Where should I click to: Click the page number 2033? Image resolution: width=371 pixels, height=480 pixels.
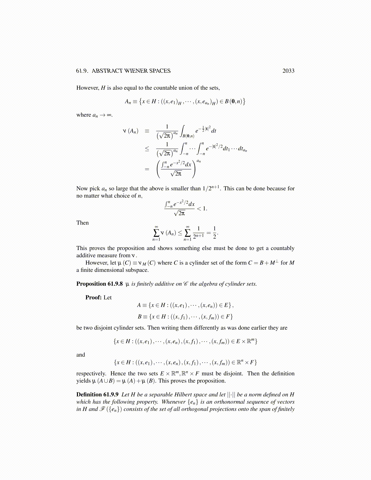click(288, 71)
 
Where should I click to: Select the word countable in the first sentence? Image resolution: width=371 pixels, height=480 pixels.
click(166, 88)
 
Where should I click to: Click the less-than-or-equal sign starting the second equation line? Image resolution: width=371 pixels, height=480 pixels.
click(147, 149)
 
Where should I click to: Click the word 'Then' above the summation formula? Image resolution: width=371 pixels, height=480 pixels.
click(82, 223)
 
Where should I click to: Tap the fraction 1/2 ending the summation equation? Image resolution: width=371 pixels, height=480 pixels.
click(215, 232)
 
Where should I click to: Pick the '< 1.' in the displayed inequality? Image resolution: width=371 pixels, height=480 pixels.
click(202, 208)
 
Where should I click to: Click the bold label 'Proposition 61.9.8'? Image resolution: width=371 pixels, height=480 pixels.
click(99, 284)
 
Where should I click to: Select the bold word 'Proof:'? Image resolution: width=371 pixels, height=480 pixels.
click(93, 298)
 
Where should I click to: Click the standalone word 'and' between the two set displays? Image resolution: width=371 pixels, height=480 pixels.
click(81, 355)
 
